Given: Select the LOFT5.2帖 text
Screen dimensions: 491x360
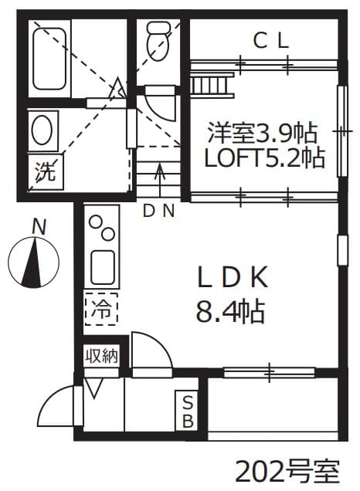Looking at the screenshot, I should click(x=263, y=158).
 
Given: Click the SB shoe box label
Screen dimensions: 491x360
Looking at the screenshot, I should click(x=187, y=411).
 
